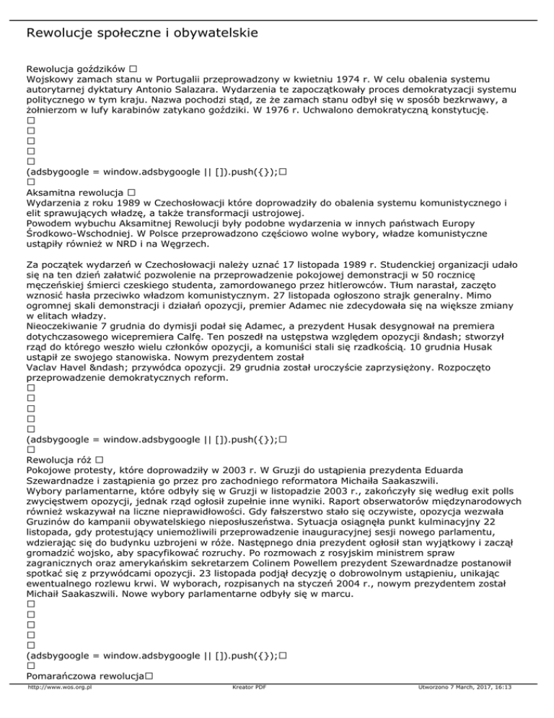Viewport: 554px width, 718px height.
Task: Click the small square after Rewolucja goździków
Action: coord(135,66)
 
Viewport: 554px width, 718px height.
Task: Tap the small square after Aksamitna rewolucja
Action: coord(131,194)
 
